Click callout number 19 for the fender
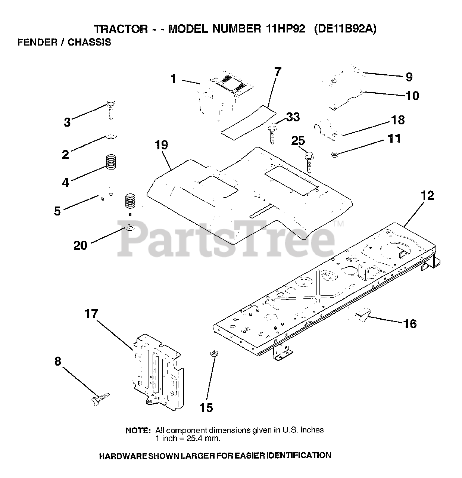[x=162, y=145]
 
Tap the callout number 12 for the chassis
[x=428, y=195]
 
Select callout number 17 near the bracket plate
[x=91, y=314]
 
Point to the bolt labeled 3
[x=111, y=109]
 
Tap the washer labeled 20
[x=129, y=227]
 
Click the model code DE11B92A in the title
[x=345, y=29]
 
